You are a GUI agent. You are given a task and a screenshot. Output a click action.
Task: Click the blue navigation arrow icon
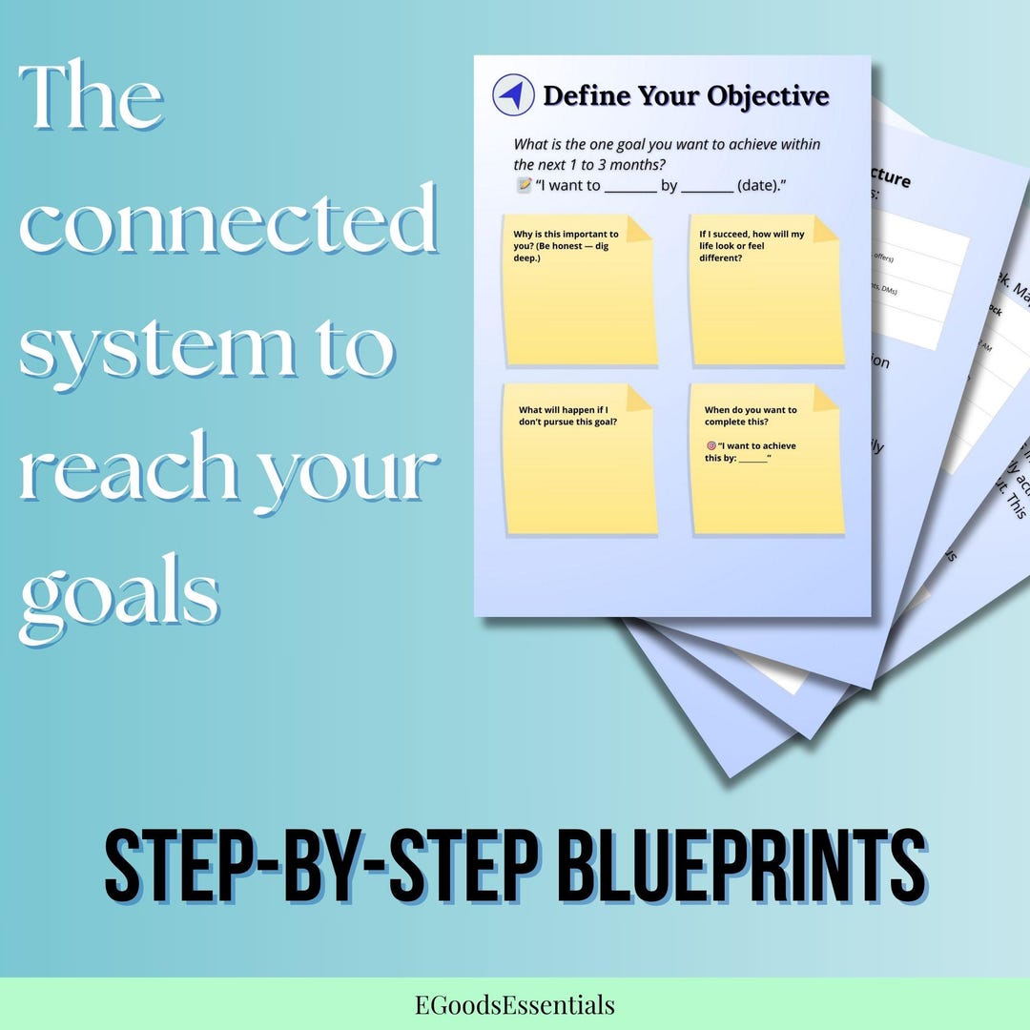(x=513, y=95)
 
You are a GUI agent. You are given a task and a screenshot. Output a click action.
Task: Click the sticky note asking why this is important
(x=580, y=290)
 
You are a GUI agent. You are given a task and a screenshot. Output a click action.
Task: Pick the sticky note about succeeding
(x=765, y=290)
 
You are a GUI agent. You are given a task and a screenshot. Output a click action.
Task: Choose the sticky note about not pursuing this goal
(x=580, y=459)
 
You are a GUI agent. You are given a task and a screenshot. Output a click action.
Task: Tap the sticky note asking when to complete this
(x=765, y=459)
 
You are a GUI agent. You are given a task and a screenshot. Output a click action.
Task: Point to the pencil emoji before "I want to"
(x=524, y=185)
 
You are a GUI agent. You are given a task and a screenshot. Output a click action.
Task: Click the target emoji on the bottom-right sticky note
(x=711, y=445)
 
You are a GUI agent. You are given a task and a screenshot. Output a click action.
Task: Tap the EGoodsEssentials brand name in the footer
(x=515, y=1004)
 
